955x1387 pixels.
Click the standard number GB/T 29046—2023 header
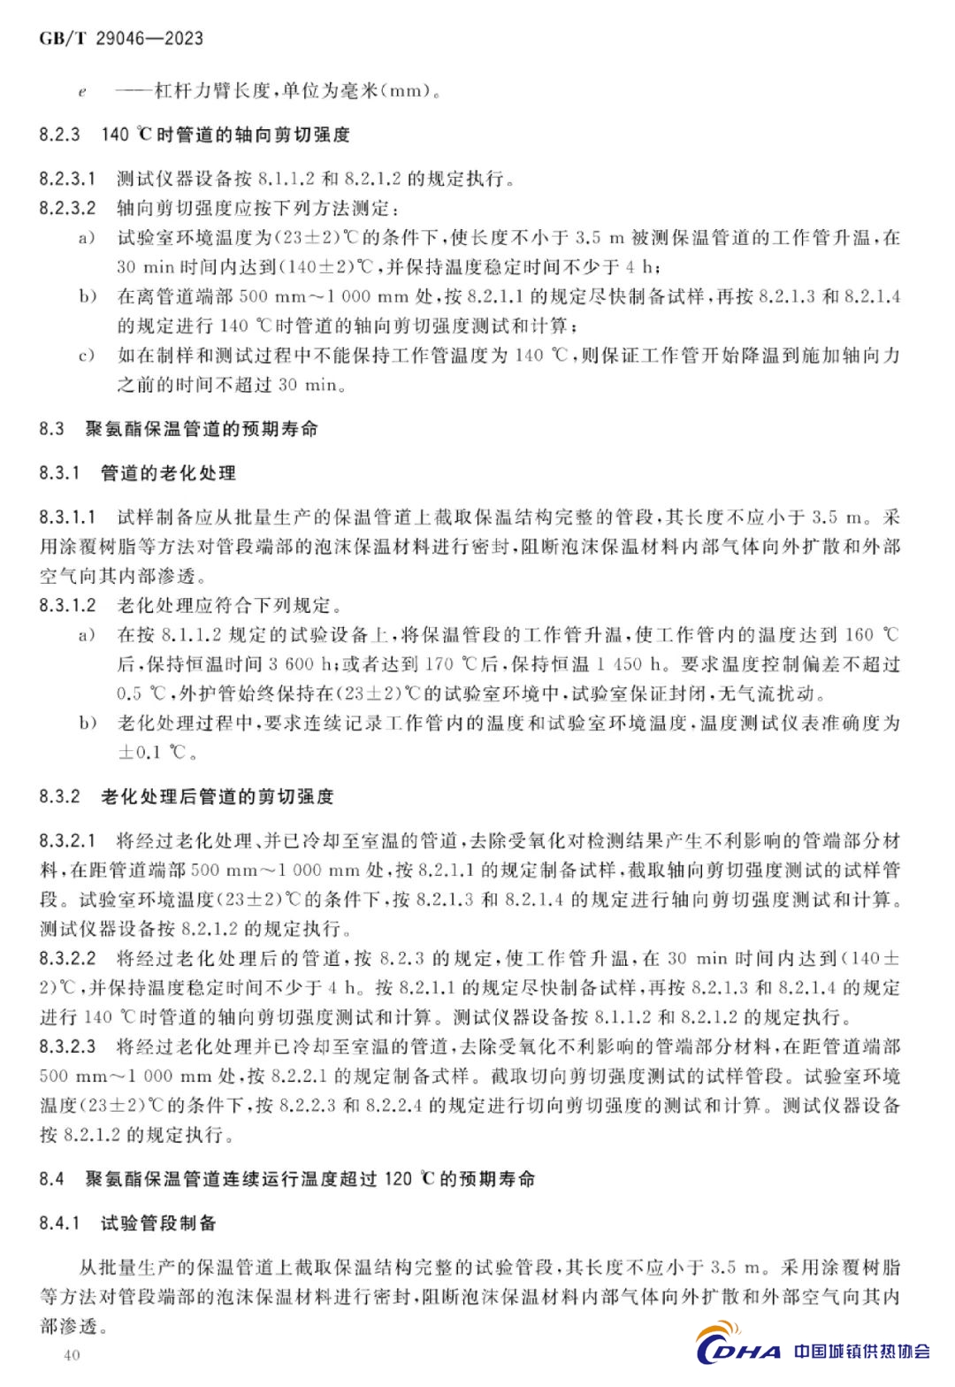pos(121,38)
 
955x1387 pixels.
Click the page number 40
pos(72,1355)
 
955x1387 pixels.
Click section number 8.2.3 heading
pos(59,134)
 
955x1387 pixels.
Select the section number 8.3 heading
pos(51,429)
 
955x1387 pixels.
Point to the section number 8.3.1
pos(59,473)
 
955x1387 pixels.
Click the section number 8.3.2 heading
pos(59,796)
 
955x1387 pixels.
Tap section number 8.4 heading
pos(51,1178)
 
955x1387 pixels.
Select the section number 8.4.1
pos(59,1222)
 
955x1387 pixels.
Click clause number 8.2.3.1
pos(67,179)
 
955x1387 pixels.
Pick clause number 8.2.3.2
pos(67,208)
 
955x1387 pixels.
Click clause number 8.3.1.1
pos(67,517)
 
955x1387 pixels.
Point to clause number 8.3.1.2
pos(67,605)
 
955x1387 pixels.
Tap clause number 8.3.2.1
pos(67,840)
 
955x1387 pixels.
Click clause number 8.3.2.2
pos(67,958)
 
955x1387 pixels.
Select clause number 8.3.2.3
pos(67,1046)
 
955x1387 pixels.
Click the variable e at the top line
pos(82,91)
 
